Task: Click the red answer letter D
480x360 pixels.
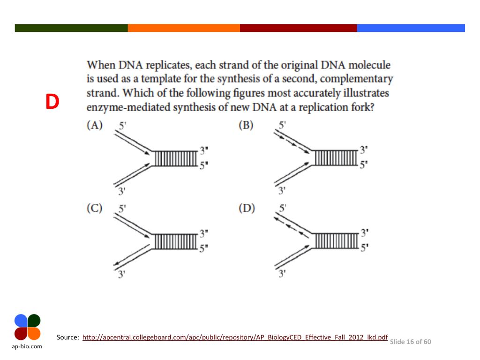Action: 52,102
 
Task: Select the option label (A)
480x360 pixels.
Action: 95,126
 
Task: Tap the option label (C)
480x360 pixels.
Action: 95,209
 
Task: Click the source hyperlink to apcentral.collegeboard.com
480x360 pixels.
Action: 235,337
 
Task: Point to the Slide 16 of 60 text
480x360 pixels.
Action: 411,342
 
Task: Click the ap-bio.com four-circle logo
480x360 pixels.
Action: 27,327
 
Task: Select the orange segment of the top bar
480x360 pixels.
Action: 184,28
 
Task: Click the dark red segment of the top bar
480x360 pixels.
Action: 298,28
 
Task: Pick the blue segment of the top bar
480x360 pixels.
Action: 411,28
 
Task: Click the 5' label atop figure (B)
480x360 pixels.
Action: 282,126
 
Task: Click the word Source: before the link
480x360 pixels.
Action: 67,337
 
